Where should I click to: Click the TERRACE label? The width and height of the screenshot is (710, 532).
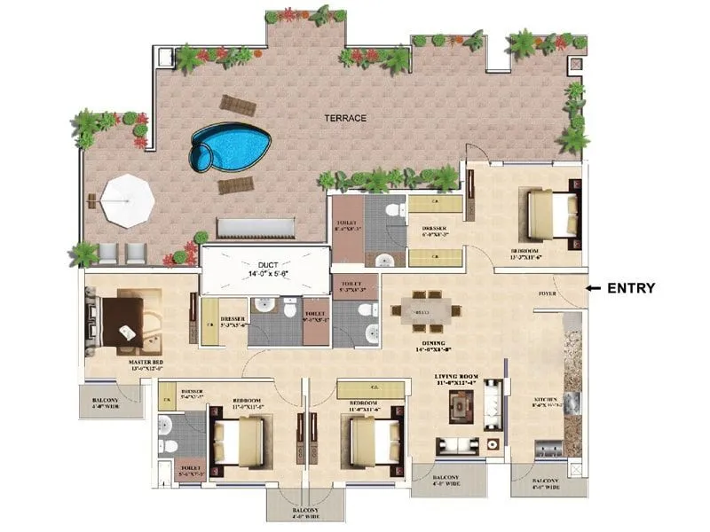click(344, 118)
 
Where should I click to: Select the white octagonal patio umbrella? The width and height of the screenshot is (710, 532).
click(127, 202)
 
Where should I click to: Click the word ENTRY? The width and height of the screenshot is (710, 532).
click(632, 287)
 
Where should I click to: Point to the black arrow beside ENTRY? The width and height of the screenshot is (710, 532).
click(594, 287)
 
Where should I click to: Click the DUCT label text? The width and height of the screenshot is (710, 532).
click(267, 265)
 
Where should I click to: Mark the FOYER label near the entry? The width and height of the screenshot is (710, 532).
click(548, 293)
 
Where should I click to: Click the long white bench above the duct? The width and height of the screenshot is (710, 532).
click(255, 228)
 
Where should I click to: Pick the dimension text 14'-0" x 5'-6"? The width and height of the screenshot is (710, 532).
click(267, 276)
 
